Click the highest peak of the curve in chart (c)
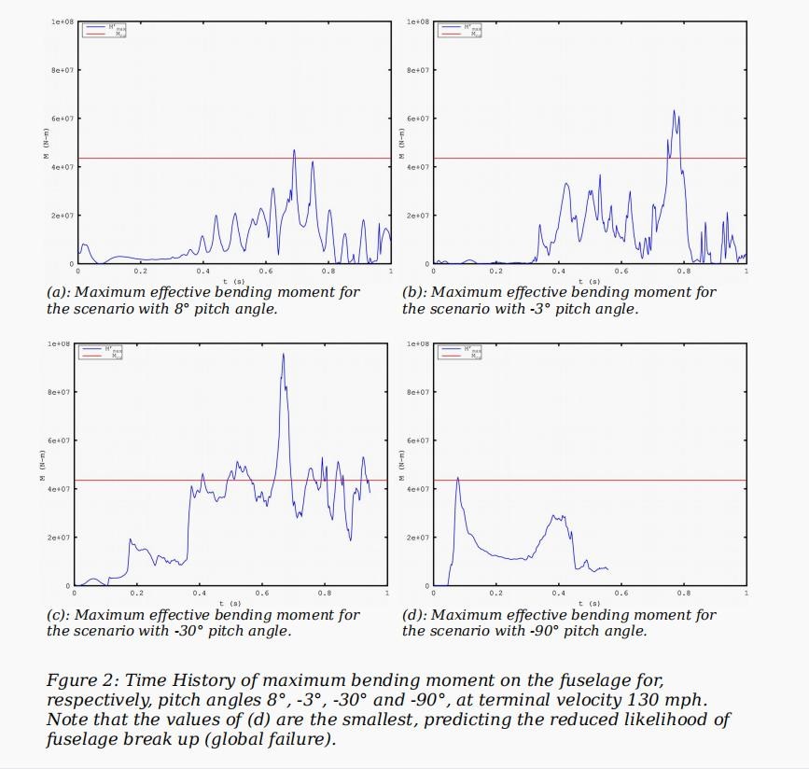click(284, 355)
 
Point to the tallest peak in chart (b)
click(674, 112)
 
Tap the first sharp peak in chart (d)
click(457, 479)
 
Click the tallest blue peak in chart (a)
click(294, 151)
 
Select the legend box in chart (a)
click(105, 30)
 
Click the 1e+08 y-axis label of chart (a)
click(62, 21)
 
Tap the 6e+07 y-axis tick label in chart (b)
click(417, 119)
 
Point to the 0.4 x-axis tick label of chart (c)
click(200, 594)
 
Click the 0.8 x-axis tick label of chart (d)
click(684, 594)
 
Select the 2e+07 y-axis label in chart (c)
click(62, 538)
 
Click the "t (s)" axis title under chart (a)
click(233, 280)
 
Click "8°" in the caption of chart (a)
click(183, 309)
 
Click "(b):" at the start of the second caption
click(415, 292)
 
